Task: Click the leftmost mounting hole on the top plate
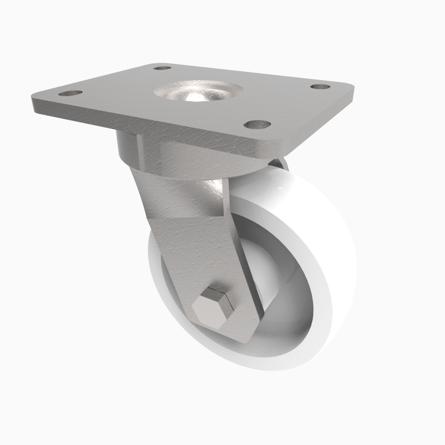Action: point(70,93)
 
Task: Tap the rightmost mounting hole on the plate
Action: point(319,87)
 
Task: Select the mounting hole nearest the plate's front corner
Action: point(257,124)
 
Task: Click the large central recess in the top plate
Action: point(199,92)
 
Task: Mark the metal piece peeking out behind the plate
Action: point(281,162)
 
